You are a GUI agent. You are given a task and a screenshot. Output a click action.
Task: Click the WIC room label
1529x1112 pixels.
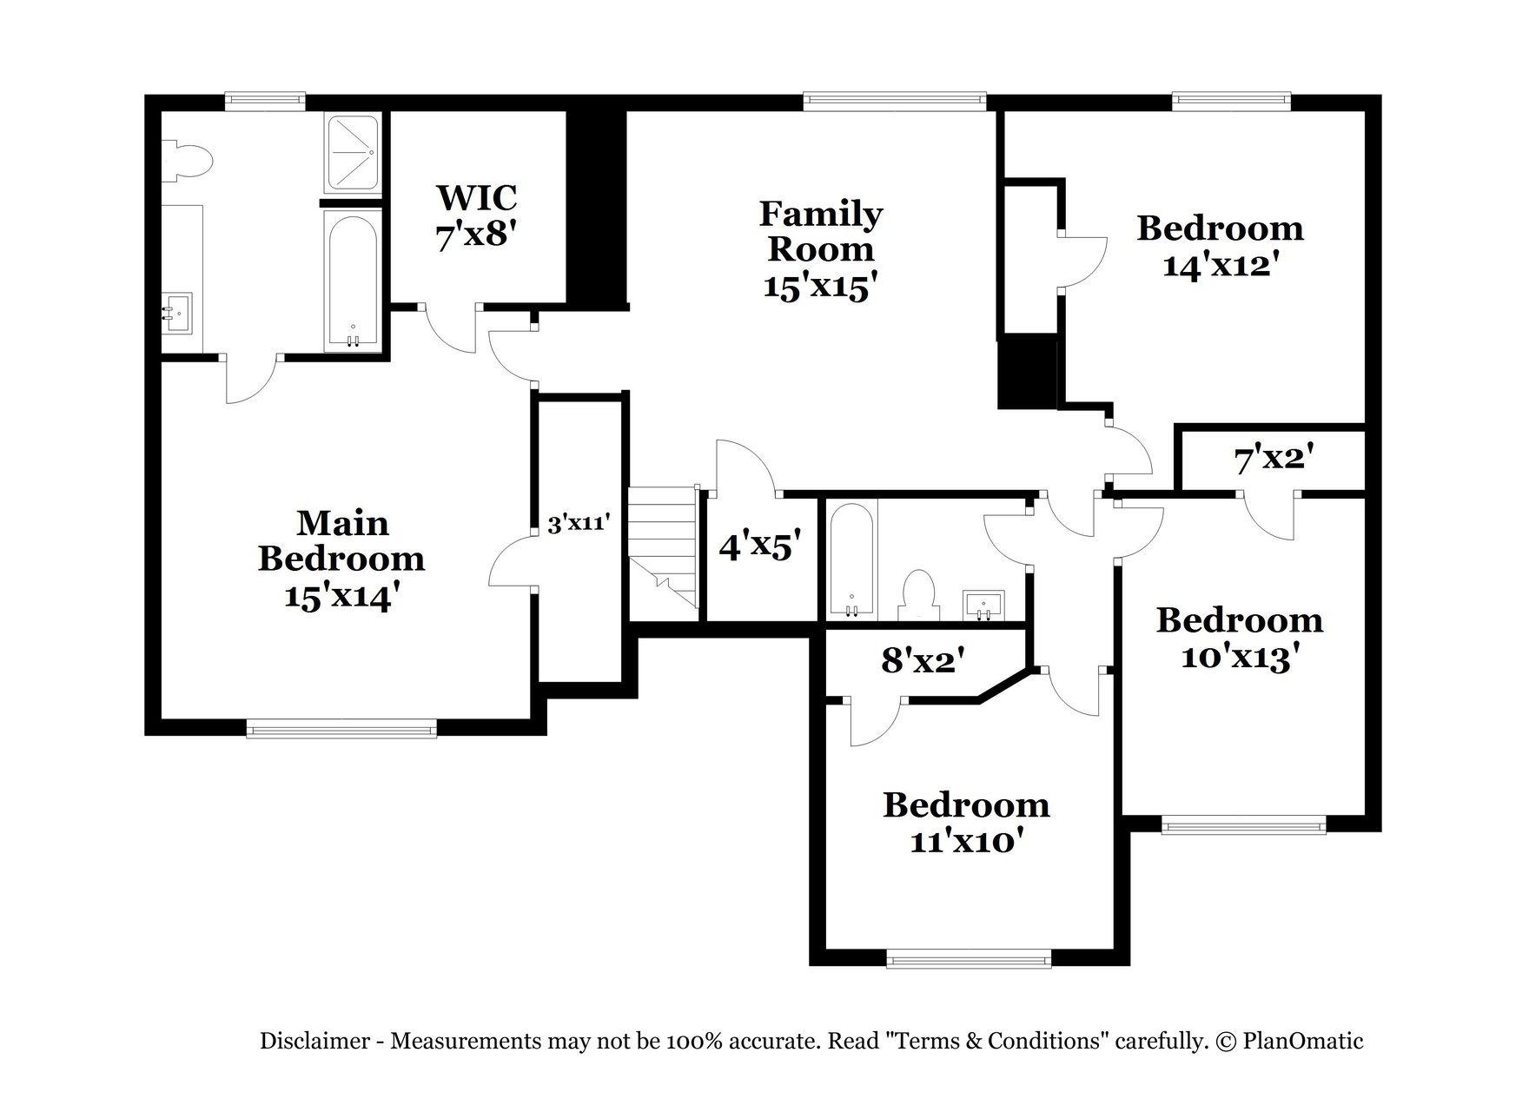(x=476, y=197)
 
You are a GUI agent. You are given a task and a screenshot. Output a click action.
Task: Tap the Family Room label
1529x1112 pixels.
(x=821, y=231)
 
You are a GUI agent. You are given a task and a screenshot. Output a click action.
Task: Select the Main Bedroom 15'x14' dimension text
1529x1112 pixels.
(x=341, y=597)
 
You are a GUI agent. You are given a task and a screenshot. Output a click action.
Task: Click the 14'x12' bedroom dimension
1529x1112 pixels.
(x=1220, y=265)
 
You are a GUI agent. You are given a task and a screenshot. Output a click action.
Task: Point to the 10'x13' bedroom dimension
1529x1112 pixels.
(x=1240, y=658)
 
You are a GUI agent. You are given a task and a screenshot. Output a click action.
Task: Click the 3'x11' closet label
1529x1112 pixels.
(x=579, y=524)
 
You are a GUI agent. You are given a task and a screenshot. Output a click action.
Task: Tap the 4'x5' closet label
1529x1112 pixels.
(x=759, y=546)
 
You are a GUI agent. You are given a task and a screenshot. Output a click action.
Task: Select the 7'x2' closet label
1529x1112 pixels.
(x=1274, y=459)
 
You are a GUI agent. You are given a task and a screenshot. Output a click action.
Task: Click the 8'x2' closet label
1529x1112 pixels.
(x=923, y=661)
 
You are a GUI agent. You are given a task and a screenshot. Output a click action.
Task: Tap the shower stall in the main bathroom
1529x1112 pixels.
(x=352, y=154)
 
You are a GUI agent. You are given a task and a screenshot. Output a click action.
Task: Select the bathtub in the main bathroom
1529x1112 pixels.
(x=352, y=280)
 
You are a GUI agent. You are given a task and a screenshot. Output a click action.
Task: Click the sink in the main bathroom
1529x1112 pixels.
(x=178, y=312)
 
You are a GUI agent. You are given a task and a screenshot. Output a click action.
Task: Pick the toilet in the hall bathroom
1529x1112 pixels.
(x=918, y=596)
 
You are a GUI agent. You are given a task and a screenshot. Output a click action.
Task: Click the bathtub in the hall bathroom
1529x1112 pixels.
(x=851, y=560)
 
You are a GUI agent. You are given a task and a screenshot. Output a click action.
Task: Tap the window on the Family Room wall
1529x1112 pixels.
(x=895, y=102)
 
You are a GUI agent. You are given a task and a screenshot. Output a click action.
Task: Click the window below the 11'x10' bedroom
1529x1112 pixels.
(x=969, y=960)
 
